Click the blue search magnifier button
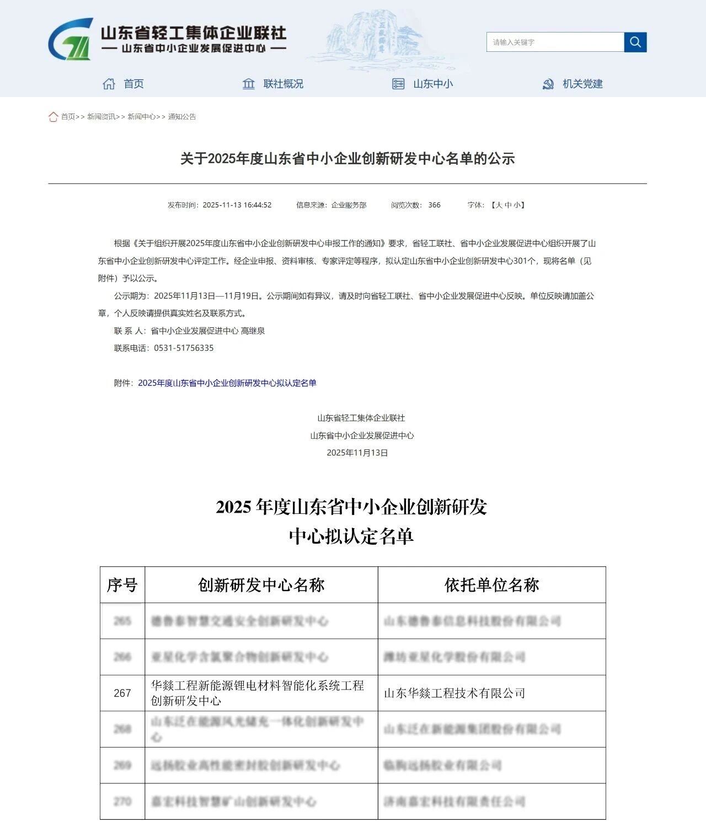point(635,42)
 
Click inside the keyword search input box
point(554,42)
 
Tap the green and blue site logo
point(71,39)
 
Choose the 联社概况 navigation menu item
point(273,84)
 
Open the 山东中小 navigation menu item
point(422,84)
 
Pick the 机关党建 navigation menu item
point(573,84)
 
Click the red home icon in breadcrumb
point(53,116)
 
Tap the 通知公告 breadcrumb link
point(182,116)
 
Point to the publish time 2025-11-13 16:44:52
point(237,205)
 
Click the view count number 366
point(434,205)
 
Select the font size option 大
point(499,205)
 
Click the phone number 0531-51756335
point(184,348)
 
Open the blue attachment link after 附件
point(227,383)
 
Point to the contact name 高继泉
point(253,331)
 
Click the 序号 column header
point(122,584)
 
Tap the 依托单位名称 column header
point(491,584)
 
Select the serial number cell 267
point(122,693)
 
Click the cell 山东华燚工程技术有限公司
point(454,693)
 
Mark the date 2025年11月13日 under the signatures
point(357,453)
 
